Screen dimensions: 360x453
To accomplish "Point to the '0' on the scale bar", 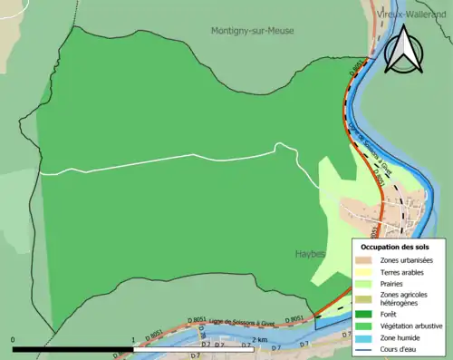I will click(14, 341).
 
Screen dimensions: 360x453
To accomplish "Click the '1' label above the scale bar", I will click(134, 341).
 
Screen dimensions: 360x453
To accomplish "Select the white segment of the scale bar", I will click(195, 349).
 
